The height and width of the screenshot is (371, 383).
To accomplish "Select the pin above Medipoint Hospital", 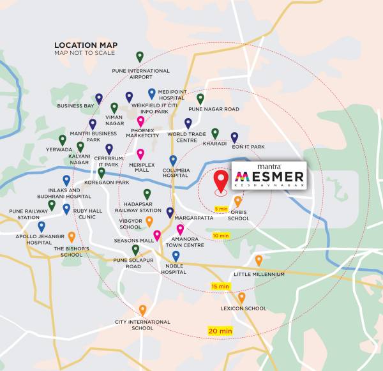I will pos(152,94).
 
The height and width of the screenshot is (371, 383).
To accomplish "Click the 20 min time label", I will pos(220,330).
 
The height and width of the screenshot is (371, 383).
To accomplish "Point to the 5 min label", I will pos(221,209).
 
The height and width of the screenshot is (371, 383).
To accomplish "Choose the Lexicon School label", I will pos(243,308).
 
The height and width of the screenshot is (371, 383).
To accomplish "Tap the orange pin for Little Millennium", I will pos(259,261).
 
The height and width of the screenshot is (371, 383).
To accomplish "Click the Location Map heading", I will pos(86,45).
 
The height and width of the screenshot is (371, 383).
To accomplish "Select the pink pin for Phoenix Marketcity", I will pos(141,121).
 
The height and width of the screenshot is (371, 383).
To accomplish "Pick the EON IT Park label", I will pos(249,147).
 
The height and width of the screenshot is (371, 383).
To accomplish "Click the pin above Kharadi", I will pos(215,133).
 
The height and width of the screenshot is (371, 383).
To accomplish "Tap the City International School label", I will pos(143,325).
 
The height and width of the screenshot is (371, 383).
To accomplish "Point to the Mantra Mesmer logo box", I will pos(268,175).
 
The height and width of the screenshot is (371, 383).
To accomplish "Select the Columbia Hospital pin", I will pos(173,160).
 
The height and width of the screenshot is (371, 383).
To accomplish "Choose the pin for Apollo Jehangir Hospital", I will pos(41,226).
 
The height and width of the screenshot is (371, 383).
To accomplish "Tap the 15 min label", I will pos(220,287).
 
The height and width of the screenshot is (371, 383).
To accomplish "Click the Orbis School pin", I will pos(238,201).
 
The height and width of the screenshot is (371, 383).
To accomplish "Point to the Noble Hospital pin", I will pos(176,256).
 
